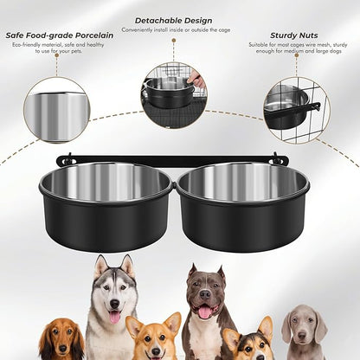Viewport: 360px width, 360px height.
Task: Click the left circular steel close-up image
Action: pyautogui.click(x=56, y=110)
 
